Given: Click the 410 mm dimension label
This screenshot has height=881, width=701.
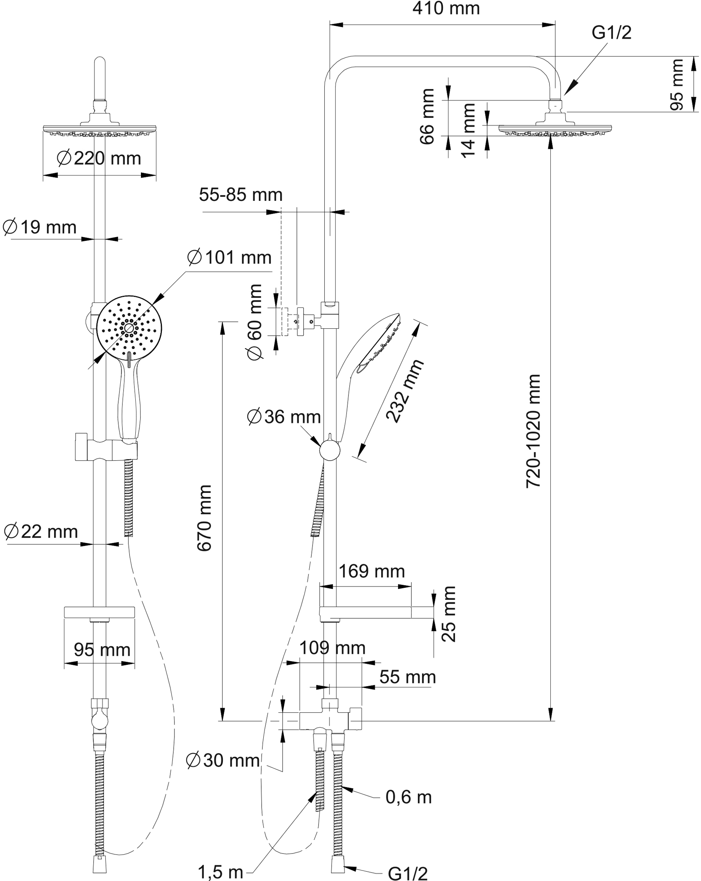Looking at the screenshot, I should coord(446,9).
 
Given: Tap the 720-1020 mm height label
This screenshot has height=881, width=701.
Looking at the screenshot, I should coord(534,431).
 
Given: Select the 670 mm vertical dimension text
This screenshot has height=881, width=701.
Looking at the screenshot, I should coord(204,518).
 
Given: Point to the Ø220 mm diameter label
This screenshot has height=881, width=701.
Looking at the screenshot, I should coord(99,158).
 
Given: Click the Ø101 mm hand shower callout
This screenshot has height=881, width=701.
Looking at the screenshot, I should coord(229,258).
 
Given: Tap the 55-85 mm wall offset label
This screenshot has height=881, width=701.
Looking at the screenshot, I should coord(241,195).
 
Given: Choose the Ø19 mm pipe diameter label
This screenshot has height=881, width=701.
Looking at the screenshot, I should coord(40,227).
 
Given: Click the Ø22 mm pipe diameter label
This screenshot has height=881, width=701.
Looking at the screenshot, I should coord(41,532).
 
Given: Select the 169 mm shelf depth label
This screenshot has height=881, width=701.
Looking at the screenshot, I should coord(371,571).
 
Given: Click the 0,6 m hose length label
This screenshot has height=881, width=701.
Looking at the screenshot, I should coord(409,797).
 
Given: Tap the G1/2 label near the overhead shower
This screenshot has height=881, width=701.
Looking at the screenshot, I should coord(611,33).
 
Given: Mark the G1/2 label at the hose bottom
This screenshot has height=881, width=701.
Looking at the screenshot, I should coord(408,873).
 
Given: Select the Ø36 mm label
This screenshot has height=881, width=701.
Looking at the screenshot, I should coord(284,417).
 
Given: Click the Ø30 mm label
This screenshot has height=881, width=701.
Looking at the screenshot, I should coord(223,760).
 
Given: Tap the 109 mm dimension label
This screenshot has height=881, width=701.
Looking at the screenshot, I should coord(332,648).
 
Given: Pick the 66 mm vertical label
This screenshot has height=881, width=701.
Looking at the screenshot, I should coord(427,117).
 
